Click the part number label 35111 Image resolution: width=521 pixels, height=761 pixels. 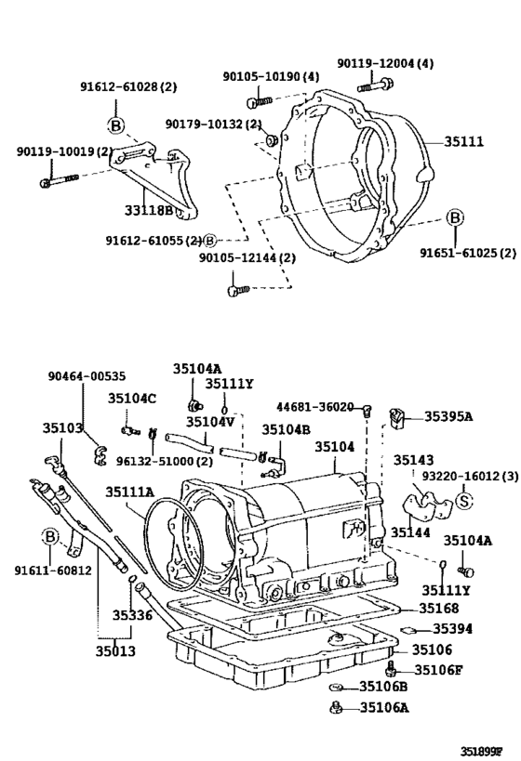[x=463, y=142]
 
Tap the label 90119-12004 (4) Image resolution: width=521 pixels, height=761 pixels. [x=385, y=63]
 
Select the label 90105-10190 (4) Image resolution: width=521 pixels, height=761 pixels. [x=271, y=76]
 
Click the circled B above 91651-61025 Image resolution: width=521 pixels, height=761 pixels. [x=454, y=218]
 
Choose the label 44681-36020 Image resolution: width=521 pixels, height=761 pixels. [x=314, y=407]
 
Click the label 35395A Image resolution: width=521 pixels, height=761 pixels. [x=448, y=416]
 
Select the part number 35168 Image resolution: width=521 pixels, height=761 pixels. [x=438, y=608]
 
